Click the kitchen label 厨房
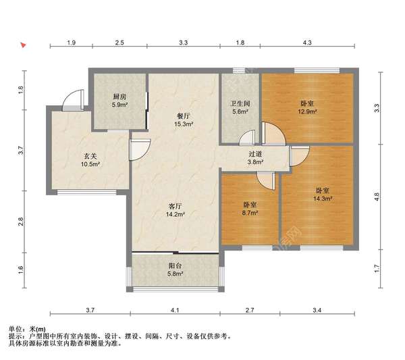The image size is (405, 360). tap(119, 97)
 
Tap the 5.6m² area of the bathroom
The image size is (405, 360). tap(240, 111)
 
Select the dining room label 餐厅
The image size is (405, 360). tap(184, 116)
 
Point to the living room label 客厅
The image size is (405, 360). tap(175, 206)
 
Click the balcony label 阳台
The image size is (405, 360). tap(175, 265)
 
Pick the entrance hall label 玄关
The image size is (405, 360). tap(90, 156)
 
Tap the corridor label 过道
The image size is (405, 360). tap(255, 154)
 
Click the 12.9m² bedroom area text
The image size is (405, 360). tap(307, 111)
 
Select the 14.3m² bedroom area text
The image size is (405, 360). tap(323, 199)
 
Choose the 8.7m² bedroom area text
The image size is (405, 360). tap(250, 213)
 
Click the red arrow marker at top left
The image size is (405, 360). tap(23, 45)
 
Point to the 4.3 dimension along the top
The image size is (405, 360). tap(307, 43)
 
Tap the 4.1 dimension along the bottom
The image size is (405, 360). tap(175, 310)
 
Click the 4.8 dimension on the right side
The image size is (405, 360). tap(377, 197)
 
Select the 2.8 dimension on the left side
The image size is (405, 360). tap(21, 222)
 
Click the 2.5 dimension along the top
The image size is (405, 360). tap(119, 43)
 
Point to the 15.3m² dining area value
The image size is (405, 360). tap(184, 124)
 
